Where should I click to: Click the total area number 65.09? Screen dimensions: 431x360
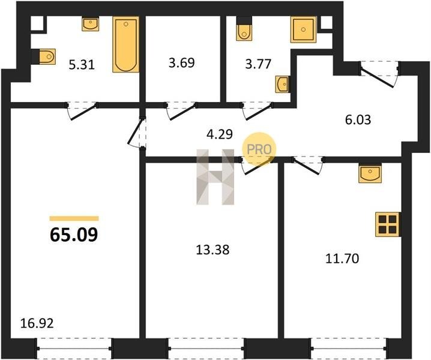74,235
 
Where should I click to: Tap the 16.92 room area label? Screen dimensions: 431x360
37,323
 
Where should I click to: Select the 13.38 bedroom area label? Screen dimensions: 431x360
212,250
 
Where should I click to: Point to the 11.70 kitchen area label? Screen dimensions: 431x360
342,259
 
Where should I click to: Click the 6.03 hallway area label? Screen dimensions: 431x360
358,120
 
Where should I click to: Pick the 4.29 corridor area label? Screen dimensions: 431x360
220,134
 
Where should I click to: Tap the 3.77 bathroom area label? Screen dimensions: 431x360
258,64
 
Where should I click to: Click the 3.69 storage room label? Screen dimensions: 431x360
181,63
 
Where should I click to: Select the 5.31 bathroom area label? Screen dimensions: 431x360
82,65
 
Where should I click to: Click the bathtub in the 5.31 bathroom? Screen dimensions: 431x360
125,44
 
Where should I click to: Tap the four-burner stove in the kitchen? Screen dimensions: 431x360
388,224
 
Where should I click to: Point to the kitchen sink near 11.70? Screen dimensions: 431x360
370,174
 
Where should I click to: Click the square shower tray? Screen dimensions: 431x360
304,29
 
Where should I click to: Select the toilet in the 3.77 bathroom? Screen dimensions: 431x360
244,32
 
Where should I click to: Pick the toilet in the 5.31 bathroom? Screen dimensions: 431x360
47,56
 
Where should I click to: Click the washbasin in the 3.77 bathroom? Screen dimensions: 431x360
282,84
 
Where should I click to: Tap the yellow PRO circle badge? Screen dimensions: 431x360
259,149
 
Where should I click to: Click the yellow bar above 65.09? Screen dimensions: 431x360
74,218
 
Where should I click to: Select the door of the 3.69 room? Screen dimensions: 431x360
181,111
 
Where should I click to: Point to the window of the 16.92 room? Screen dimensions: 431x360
74,349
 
